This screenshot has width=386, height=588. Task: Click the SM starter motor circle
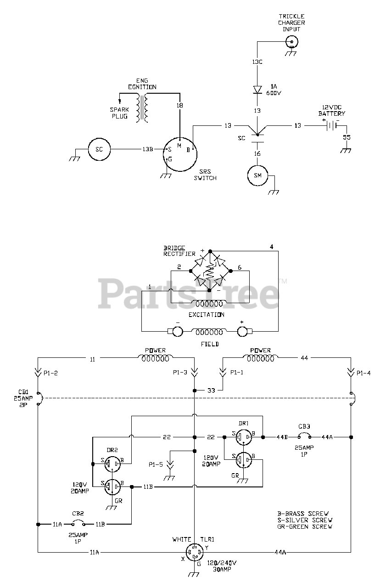tap(258, 175)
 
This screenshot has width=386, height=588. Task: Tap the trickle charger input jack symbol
tap(291, 42)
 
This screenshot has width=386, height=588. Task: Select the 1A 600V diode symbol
tap(257, 90)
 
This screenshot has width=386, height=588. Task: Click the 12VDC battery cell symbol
tap(331, 126)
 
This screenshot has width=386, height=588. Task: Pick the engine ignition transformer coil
tap(142, 108)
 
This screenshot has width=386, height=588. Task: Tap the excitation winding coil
tap(209, 303)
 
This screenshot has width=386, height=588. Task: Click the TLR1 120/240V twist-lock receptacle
tap(194, 552)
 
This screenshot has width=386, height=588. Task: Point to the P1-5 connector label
tap(156, 464)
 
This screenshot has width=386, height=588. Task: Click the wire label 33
tap(211, 390)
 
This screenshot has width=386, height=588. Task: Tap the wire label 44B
tap(282, 437)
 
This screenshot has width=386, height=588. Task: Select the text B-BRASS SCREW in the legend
tap(303, 514)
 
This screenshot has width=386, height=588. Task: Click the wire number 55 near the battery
tap(347, 137)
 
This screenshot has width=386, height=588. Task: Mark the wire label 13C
tap(257, 62)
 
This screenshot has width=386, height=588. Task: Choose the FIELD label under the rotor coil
tap(210, 344)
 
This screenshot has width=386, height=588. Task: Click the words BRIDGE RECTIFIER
tap(179, 251)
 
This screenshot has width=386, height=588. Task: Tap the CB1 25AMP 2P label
tap(23, 398)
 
